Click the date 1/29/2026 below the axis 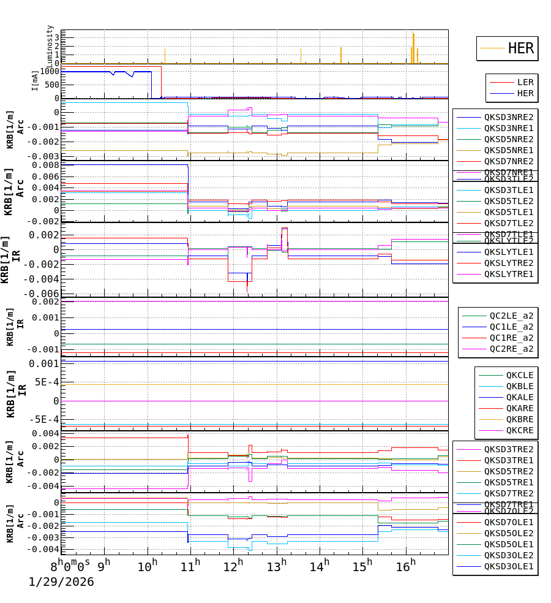point(61,582)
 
